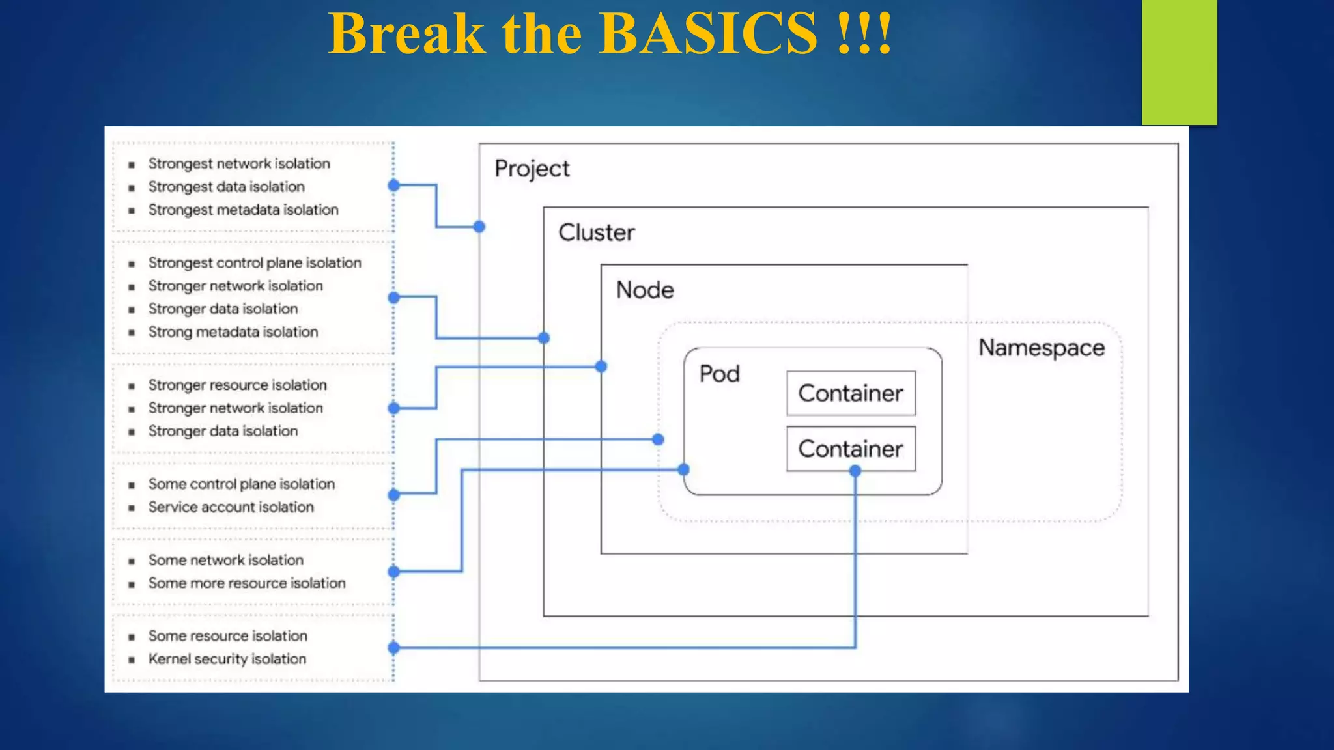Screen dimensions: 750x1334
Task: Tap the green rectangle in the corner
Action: pyautogui.click(x=1179, y=62)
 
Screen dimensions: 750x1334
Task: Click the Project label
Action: pyautogui.click(x=532, y=169)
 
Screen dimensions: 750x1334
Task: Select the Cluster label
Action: pyautogui.click(x=596, y=232)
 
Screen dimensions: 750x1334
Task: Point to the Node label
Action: pyautogui.click(x=645, y=290)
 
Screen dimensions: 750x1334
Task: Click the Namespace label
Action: pyautogui.click(x=1041, y=348)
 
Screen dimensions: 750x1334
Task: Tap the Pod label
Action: pyautogui.click(x=719, y=374)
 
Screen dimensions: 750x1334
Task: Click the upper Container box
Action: pyautogui.click(x=851, y=393)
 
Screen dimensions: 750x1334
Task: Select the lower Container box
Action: pyautogui.click(x=851, y=449)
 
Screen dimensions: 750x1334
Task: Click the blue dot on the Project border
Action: pyautogui.click(x=479, y=227)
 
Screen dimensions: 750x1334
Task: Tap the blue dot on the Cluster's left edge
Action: pyautogui.click(x=544, y=338)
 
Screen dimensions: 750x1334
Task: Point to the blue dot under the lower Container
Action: pyautogui.click(x=855, y=471)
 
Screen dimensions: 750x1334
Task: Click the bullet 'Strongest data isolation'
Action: pyautogui.click(x=226, y=187)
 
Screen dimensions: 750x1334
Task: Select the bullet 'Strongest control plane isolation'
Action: pyautogui.click(x=254, y=263)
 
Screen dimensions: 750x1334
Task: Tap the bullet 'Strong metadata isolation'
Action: pyautogui.click(x=233, y=332)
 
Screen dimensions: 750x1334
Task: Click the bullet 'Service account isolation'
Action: pyautogui.click(x=231, y=507)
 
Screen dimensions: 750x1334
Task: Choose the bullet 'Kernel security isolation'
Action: pyautogui.click(x=227, y=659)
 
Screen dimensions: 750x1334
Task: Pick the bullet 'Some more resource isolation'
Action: pyautogui.click(x=246, y=583)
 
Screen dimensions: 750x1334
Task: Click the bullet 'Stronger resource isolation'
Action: pyautogui.click(x=237, y=385)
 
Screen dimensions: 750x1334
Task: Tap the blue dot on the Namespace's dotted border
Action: pyautogui.click(x=658, y=439)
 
